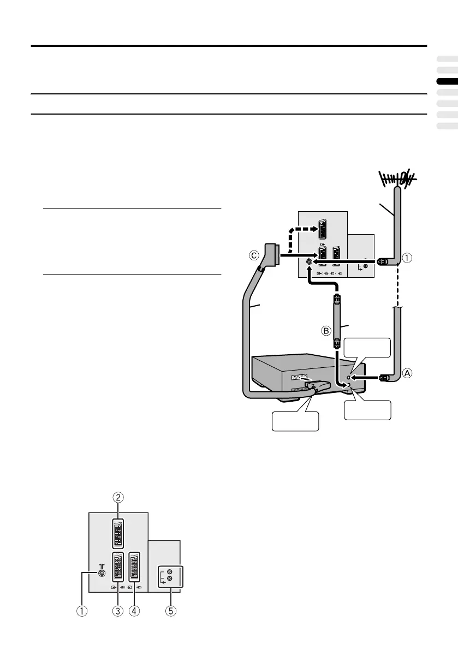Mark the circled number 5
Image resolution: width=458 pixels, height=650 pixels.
(171, 611)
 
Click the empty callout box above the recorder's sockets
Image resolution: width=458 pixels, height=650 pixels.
(367, 347)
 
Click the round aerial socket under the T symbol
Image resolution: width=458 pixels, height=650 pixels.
(100, 573)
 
